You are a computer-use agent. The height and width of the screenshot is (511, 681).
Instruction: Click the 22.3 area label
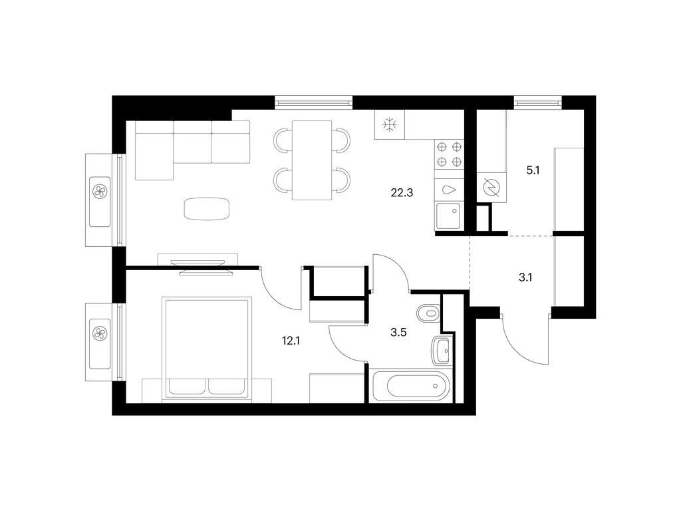402,192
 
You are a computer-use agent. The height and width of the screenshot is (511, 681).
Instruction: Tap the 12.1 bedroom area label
291,341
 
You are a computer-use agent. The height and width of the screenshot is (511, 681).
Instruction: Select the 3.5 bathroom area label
398,333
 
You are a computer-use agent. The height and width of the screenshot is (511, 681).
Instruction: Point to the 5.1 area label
533,170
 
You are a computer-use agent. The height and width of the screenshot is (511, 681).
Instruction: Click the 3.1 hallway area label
525,277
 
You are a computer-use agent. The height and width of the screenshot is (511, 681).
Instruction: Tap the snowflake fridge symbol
390,125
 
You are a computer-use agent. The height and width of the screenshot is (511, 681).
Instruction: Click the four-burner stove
449,154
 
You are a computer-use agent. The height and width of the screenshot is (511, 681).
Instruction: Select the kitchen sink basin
448,216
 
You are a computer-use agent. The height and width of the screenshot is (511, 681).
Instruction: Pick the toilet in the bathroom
428,312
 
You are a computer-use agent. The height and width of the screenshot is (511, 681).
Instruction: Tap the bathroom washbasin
442,350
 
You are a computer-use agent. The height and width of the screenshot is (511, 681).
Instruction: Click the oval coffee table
207,208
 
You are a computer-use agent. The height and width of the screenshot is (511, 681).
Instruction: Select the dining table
312,160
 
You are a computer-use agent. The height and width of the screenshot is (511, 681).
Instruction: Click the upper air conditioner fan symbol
100,191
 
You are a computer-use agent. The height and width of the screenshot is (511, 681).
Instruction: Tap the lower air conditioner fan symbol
100,333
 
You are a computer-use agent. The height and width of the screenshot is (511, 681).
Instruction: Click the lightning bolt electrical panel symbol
491,187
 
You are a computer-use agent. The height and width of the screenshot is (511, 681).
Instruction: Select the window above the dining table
313,102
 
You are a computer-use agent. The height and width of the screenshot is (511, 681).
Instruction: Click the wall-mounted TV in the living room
198,266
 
